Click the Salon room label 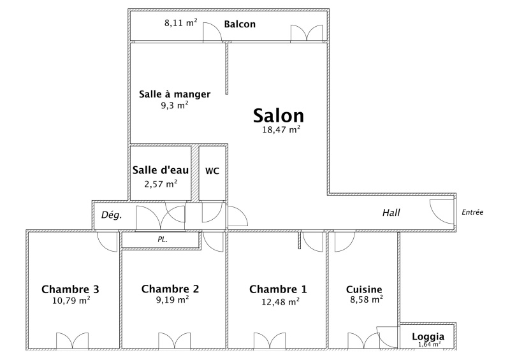[279, 115]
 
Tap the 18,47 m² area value [281, 129]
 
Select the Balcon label [240, 24]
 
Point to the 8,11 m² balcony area [181, 23]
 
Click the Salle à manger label [175, 94]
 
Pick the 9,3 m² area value [175, 105]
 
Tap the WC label [212, 171]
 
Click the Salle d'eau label [161, 169]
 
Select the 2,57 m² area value [161, 184]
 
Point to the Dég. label [112, 215]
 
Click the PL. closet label [163, 240]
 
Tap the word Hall [391, 213]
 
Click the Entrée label [472, 212]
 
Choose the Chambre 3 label [70, 289]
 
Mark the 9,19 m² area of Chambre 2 [172, 299]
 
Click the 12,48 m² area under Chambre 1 [280, 302]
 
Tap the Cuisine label [364, 289]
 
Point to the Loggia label [428, 336]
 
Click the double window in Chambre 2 [174, 342]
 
